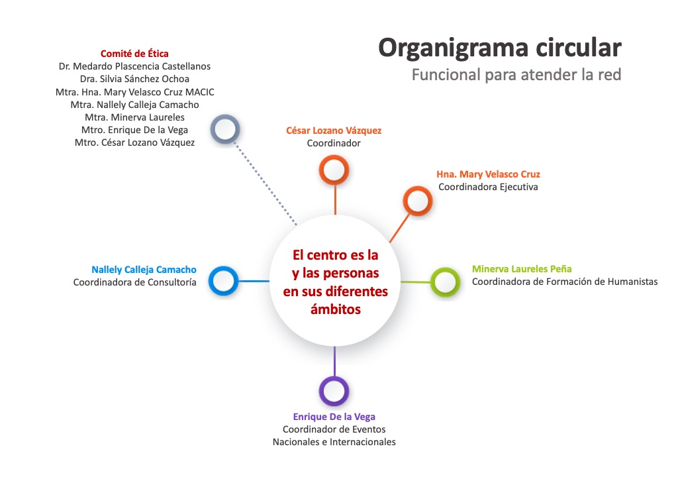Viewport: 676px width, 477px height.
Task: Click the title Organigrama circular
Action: pos(500,48)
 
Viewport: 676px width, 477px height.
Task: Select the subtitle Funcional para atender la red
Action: pos(516,74)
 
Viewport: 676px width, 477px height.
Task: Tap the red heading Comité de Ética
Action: pos(134,54)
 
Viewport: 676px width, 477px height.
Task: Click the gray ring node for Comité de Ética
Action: pos(224,129)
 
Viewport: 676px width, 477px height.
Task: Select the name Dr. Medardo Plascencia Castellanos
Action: pos(134,66)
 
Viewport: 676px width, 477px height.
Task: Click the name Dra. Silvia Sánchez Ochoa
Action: pos(134,79)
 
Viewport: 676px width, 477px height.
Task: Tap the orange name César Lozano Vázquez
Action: pos(334,131)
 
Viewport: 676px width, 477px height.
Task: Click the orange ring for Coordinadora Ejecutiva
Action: pos(418,201)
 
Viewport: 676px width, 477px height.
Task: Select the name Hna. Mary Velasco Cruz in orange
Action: pos(488,174)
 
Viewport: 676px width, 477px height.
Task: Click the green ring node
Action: pos(445,282)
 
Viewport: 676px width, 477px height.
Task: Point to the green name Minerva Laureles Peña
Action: pos(522,269)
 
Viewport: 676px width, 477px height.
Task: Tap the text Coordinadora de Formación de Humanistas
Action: pos(565,282)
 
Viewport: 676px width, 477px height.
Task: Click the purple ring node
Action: pos(334,390)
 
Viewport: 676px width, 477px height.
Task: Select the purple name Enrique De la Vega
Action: pos(334,417)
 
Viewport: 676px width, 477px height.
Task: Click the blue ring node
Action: pos(223,280)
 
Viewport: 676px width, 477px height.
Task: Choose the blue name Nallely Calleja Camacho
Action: pos(144,270)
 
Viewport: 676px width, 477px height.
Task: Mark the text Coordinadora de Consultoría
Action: pos(134,282)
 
